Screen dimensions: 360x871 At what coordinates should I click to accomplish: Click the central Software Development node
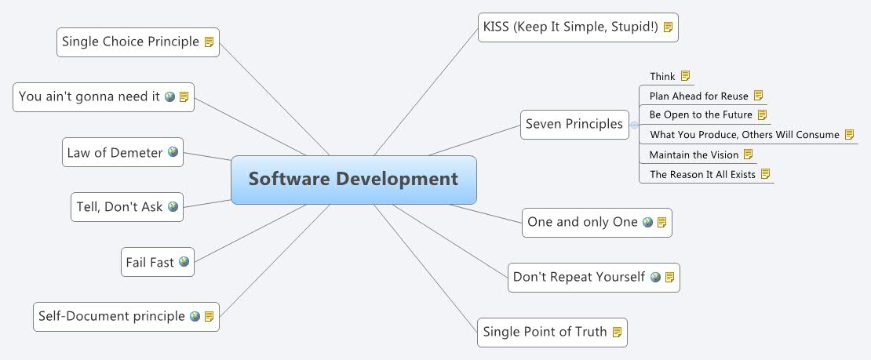(353, 180)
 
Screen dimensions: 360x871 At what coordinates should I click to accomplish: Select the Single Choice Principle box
(130, 42)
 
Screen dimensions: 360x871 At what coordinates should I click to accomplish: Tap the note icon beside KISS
(668, 27)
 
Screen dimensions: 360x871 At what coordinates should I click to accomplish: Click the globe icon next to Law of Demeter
(173, 152)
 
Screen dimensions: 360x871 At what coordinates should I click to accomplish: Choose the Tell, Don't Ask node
(119, 207)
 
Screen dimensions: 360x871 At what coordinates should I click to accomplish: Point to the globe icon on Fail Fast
(184, 262)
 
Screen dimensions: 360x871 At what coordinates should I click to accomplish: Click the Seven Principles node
(574, 124)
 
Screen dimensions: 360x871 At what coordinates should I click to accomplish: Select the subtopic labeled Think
(662, 77)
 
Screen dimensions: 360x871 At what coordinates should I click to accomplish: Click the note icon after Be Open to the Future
(762, 115)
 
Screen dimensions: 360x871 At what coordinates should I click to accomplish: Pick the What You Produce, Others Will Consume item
(744, 135)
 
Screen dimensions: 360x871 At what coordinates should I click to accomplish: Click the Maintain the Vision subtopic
(694, 155)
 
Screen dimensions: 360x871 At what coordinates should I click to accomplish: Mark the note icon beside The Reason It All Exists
(766, 174)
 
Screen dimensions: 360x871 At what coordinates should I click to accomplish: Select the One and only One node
(582, 222)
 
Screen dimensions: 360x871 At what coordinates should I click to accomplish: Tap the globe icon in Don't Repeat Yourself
(655, 277)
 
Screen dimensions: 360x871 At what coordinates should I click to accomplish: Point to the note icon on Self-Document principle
(210, 316)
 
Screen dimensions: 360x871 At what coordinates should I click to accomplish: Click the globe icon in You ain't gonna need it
(169, 96)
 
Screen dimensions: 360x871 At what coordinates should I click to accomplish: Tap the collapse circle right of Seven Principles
(634, 125)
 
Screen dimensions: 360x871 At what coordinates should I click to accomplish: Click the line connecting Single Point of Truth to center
(432, 267)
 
